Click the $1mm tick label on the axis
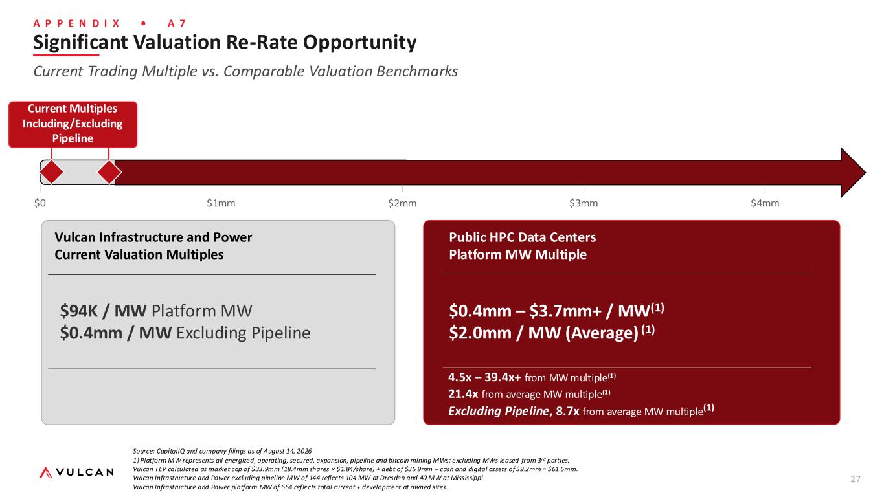coord(221,203)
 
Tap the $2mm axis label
coord(402,203)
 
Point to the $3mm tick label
coord(584,203)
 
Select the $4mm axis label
coord(765,203)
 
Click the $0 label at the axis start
coord(40,203)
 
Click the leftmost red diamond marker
coord(51,172)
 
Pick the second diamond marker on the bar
coord(109,172)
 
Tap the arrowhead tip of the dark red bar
coord(866,172)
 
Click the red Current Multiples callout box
coord(73,124)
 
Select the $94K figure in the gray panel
coord(78,311)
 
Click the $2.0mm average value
coord(481,333)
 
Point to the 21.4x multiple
coord(463,394)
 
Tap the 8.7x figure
coord(567,412)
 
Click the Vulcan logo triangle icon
coord(46,472)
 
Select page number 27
coord(856,479)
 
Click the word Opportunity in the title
coord(359,43)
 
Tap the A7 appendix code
coord(176,24)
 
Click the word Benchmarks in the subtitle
coord(417,71)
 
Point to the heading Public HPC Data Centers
coord(523,237)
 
